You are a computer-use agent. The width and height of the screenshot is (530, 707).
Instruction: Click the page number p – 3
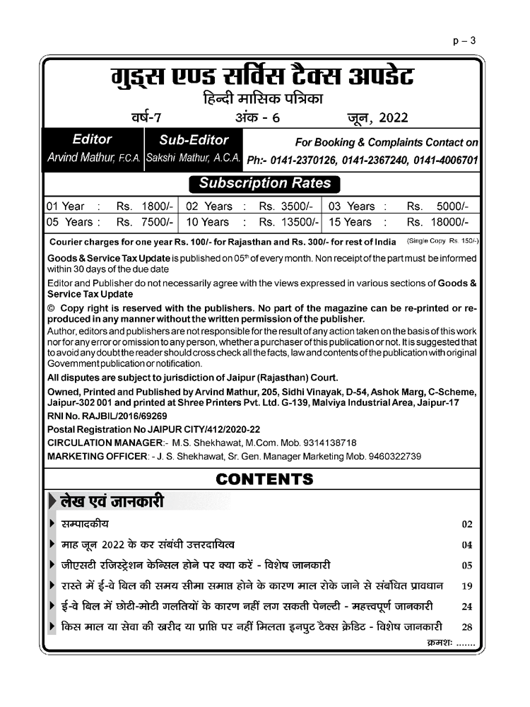(464, 40)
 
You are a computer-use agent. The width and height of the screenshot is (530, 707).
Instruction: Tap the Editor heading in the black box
(92, 140)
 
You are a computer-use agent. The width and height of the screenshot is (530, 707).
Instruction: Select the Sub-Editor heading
(194, 140)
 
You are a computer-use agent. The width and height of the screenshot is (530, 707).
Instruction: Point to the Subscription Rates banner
(264, 183)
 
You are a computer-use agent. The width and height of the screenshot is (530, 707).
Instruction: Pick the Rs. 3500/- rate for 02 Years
(285, 206)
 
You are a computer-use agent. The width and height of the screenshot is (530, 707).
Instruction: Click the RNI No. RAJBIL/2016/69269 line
(107, 417)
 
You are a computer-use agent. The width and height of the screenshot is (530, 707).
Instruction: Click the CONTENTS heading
(264, 479)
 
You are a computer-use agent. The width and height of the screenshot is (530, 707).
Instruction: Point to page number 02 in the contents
(466, 525)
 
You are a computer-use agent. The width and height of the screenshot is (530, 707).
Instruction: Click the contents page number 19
(466, 586)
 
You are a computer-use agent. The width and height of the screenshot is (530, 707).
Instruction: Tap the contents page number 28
(466, 627)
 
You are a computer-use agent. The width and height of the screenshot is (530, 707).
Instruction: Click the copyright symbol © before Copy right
(51, 308)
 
